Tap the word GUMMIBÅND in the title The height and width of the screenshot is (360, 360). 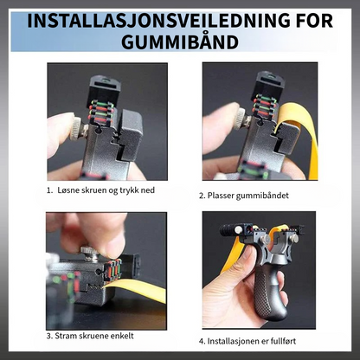[180, 42]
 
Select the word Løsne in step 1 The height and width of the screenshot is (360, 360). [67, 190]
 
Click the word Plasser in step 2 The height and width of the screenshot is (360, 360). [221, 196]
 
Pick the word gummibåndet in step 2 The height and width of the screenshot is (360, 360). [262, 196]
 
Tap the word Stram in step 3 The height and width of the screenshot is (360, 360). [64, 336]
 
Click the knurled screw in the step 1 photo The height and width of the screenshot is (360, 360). [76, 129]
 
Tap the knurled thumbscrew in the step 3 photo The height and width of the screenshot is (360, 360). [91, 253]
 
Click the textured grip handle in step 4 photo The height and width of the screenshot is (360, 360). [271, 292]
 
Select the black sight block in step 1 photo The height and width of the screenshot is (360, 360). [103, 89]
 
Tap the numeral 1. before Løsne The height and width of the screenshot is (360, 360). [50, 190]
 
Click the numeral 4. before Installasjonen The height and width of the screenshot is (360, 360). [202, 342]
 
